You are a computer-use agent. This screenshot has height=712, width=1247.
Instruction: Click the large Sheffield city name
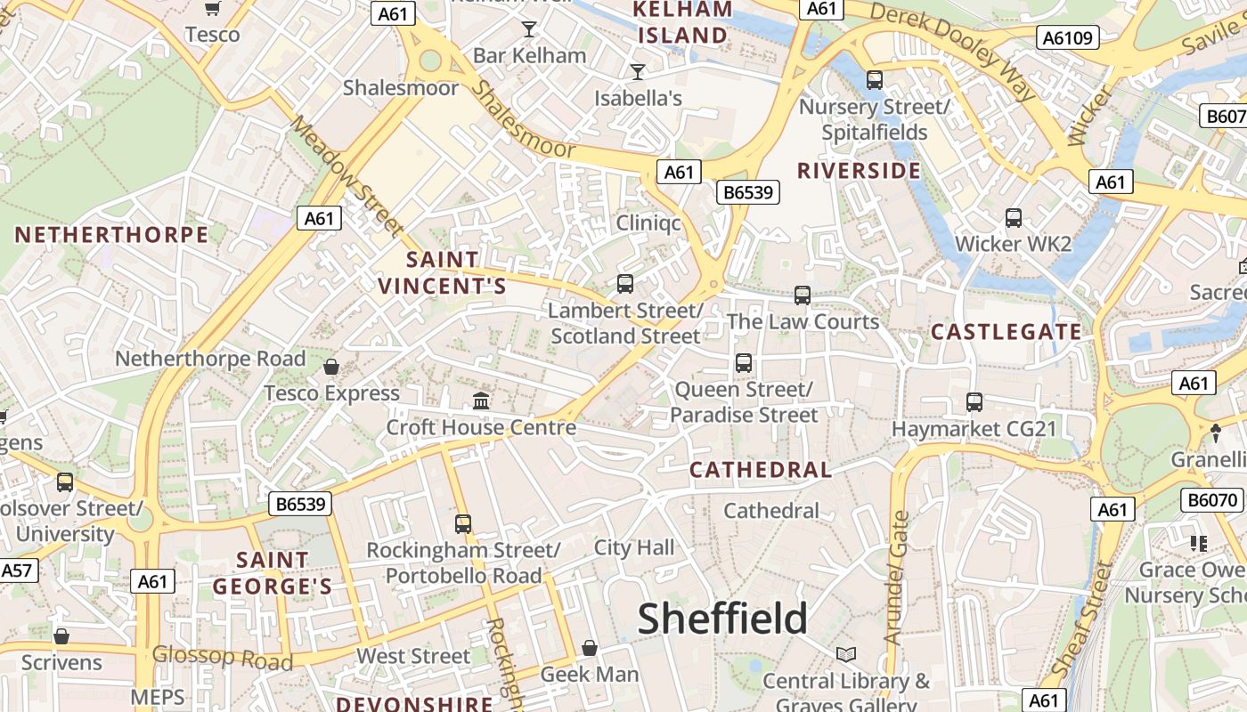point(722,619)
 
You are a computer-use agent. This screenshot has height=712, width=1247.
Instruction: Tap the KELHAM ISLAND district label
point(681,23)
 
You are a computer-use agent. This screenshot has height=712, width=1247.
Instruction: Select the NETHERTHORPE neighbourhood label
point(111,235)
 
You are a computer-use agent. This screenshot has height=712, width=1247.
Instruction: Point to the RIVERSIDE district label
point(859,171)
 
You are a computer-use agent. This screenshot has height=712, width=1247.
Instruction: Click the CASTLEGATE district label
point(1007,332)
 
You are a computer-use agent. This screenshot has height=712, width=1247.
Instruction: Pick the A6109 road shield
point(1068,36)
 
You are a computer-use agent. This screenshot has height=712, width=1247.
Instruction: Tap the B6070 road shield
point(1212,500)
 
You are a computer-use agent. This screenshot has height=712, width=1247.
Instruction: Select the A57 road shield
point(18,570)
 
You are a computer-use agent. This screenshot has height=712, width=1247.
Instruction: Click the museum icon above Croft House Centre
point(481,401)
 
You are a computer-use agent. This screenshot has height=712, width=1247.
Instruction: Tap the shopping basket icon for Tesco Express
point(331,367)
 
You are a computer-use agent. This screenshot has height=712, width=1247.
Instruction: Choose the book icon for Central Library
point(846,655)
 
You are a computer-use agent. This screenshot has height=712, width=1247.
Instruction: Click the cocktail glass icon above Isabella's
point(638,72)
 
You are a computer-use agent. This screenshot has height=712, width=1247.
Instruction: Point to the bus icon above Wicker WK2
point(1013,218)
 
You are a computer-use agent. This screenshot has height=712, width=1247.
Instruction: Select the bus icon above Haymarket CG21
point(974,402)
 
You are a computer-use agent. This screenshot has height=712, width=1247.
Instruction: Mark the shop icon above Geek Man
point(589,648)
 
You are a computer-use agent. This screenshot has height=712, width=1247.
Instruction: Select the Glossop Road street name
point(222,658)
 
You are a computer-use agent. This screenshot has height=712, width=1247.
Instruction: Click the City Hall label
point(634,547)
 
